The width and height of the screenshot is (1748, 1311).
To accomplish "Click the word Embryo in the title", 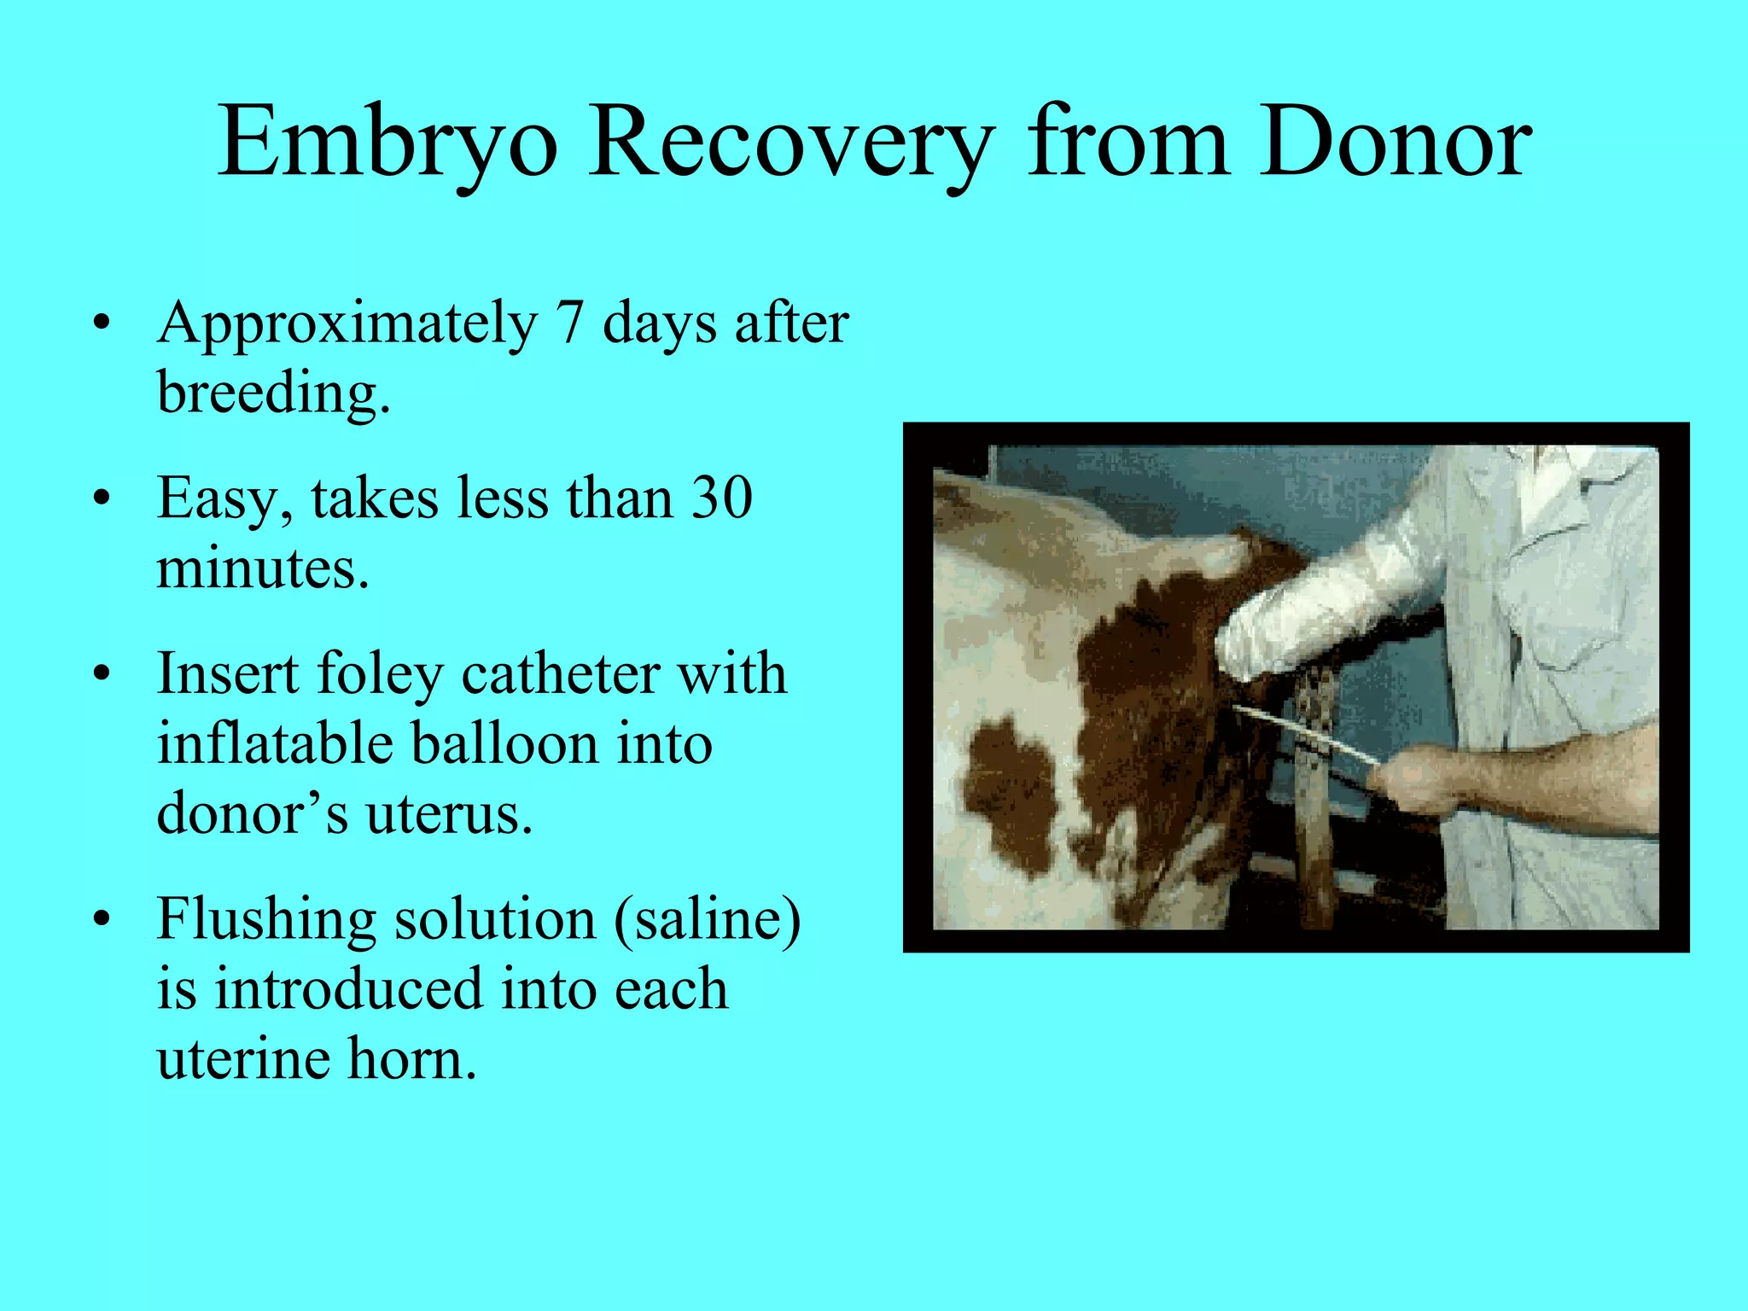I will [388, 143].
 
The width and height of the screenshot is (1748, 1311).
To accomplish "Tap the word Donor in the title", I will [1395, 142].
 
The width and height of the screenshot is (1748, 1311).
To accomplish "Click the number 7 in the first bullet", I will [569, 323].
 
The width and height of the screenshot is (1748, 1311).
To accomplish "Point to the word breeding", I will [273, 393].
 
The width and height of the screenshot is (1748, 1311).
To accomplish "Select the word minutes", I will [263, 568].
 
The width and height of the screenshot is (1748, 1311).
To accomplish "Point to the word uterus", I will [450, 813].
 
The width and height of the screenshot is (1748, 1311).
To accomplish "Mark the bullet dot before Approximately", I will [102, 325].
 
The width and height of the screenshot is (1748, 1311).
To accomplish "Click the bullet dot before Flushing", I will [102, 920].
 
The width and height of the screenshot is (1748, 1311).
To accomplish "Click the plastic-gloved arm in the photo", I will [1331, 597].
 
